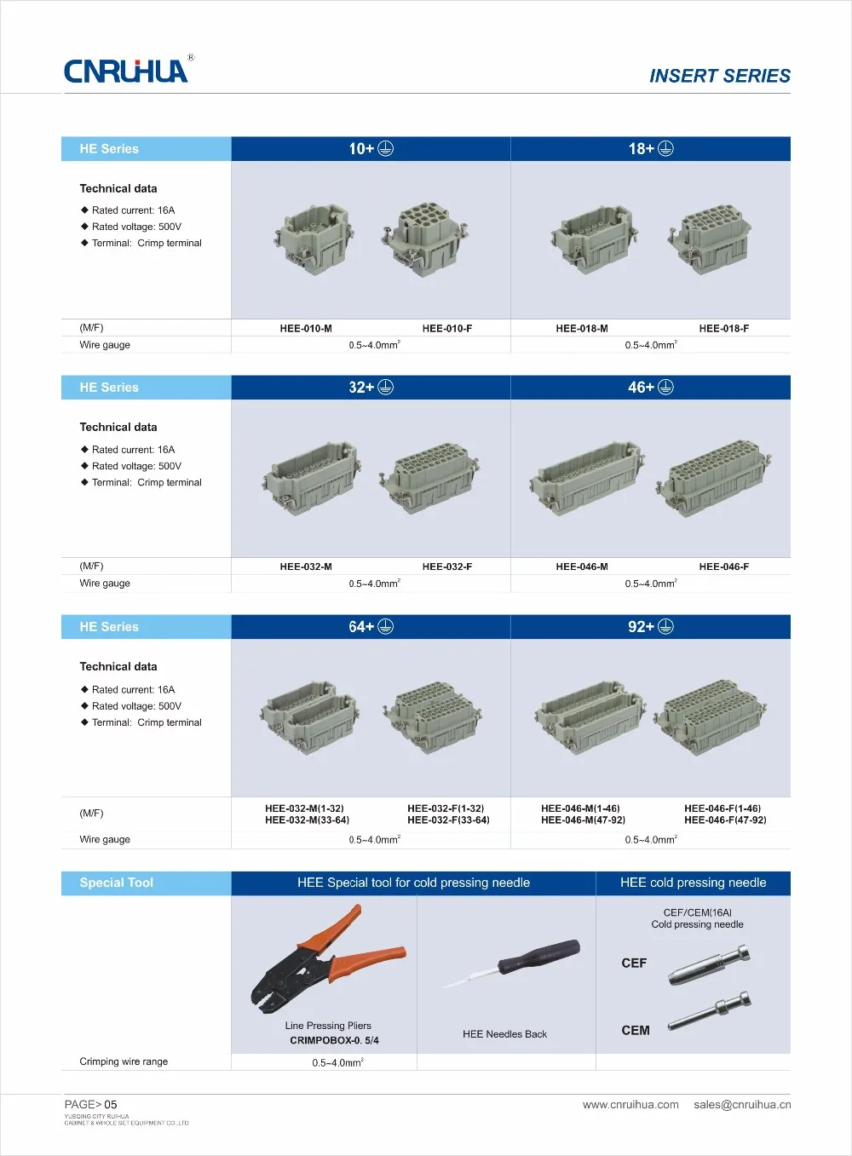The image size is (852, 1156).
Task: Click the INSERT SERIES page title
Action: click(x=719, y=76)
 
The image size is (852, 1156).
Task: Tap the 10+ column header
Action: click(x=371, y=149)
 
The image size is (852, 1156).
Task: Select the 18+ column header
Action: click(x=650, y=149)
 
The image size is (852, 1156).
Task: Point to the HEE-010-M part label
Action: click(x=306, y=329)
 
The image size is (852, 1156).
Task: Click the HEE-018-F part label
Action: click(x=723, y=329)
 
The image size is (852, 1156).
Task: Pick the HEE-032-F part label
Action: click(x=446, y=567)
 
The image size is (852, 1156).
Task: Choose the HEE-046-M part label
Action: click(x=582, y=567)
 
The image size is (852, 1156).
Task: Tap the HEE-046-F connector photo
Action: click(x=714, y=477)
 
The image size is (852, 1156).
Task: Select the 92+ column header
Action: click(x=650, y=627)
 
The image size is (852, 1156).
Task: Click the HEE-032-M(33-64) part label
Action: click(x=307, y=820)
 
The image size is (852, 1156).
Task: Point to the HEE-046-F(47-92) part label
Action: click(x=725, y=820)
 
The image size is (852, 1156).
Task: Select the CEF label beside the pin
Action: click(x=634, y=963)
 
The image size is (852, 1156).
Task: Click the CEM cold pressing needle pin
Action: click(x=709, y=1010)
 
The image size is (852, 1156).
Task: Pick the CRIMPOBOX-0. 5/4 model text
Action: click(x=334, y=1041)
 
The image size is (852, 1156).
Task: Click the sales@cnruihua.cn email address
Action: click(x=742, y=1105)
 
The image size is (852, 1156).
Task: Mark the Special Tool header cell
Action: click(x=117, y=883)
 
